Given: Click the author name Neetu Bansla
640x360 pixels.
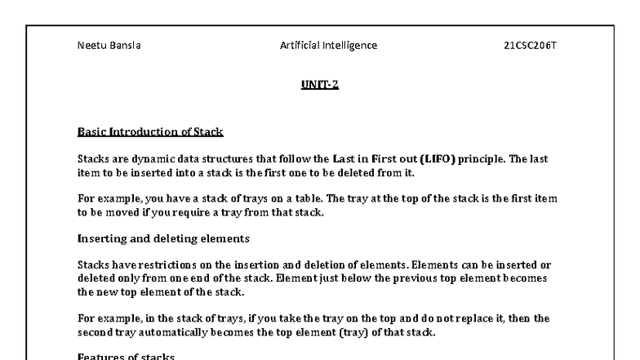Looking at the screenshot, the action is click(109, 46).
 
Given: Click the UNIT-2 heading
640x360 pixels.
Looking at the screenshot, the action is click(320, 84).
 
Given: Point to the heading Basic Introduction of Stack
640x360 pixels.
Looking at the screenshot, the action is click(150, 131).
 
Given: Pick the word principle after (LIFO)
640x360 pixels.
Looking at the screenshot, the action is click(481, 158).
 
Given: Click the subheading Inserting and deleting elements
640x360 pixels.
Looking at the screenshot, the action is click(163, 238).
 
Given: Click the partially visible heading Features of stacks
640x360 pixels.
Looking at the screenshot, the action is click(126, 356).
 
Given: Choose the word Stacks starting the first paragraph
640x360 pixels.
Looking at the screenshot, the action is click(93, 158).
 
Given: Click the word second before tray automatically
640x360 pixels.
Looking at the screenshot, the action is click(96, 331).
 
